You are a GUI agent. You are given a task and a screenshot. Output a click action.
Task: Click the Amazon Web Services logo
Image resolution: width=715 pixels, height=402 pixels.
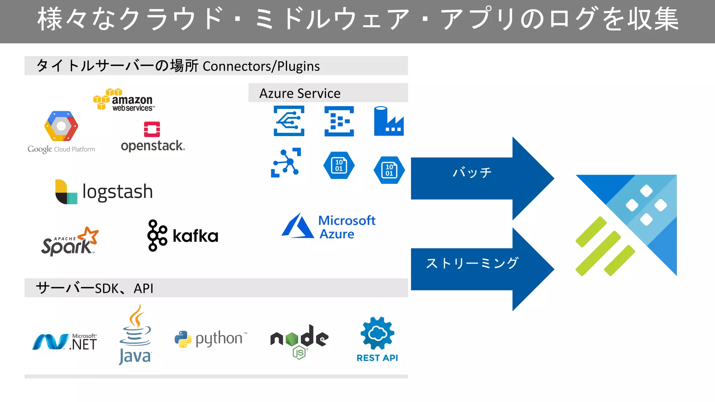pyautogui.click(x=124, y=100)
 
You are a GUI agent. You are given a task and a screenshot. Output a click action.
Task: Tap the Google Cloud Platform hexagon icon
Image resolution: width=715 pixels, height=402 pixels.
pyautogui.click(x=61, y=126)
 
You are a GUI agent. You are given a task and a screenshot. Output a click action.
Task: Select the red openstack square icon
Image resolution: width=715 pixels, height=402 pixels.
pyautogui.click(x=152, y=129)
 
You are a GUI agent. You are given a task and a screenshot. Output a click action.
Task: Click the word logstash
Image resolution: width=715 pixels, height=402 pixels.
pyautogui.click(x=118, y=192)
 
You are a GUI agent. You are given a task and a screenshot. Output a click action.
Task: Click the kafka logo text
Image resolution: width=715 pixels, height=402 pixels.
pyautogui.click(x=195, y=236)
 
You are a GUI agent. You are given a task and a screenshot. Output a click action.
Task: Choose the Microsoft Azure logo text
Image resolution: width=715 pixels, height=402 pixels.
pyautogui.click(x=347, y=227)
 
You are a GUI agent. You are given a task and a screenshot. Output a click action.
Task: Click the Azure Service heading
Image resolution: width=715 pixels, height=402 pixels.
pyautogui.click(x=300, y=93)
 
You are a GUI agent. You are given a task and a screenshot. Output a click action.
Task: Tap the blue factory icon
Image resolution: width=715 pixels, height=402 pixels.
pyautogui.click(x=388, y=121)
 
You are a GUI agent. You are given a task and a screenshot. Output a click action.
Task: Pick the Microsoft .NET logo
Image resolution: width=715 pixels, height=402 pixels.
pyautogui.click(x=65, y=342)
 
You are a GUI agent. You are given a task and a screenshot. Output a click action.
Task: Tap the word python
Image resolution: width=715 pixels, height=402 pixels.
pyautogui.click(x=219, y=338)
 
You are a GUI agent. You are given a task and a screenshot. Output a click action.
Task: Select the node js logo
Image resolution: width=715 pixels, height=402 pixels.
pyautogui.click(x=299, y=340)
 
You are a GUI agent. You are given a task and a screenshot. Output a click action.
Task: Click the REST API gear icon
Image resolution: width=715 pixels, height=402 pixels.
pyautogui.click(x=377, y=333)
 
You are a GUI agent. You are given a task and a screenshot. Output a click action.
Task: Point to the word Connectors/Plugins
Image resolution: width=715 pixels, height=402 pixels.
pyautogui.click(x=261, y=66)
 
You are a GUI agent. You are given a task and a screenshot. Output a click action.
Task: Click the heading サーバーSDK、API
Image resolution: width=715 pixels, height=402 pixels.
pyautogui.click(x=95, y=288)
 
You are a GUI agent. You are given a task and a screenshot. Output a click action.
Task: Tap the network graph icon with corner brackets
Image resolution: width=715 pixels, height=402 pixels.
pyautogui.click(x=286, y=163)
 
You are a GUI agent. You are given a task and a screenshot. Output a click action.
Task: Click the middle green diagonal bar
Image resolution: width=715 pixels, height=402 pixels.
pyautogui.click(x=598, y=253)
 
